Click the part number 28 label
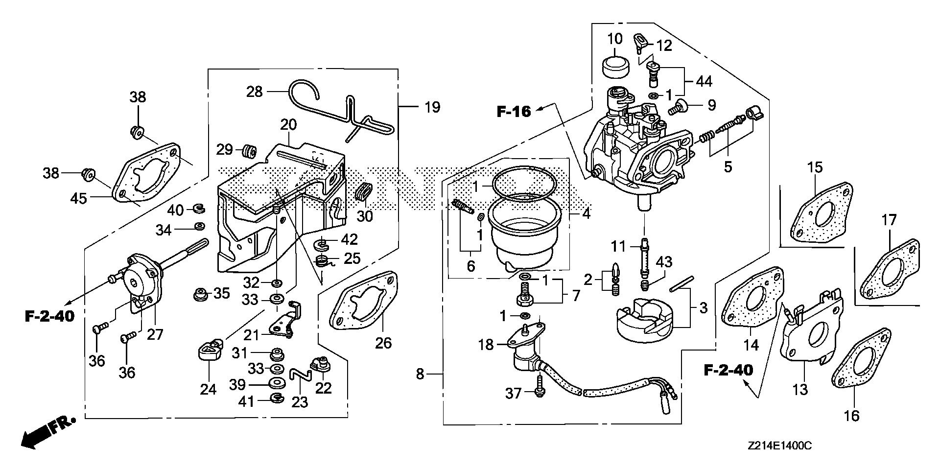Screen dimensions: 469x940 point(255,92)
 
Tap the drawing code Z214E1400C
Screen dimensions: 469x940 point(780,446)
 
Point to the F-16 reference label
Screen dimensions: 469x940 point(514,112)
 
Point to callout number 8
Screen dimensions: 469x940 point(420,375)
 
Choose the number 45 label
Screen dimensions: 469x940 point(78,198)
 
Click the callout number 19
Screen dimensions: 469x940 point(432,107)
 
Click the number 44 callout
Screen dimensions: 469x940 point(705,81)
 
